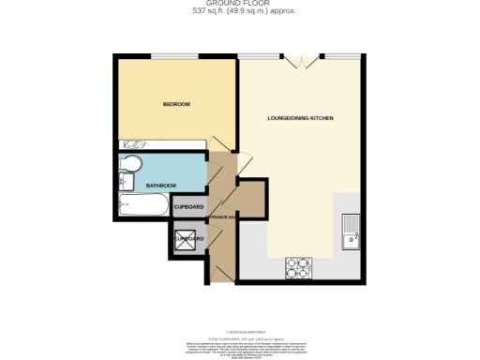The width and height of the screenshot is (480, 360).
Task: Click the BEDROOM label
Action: [176, 103]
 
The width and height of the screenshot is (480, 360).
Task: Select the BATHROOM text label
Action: [162, 186]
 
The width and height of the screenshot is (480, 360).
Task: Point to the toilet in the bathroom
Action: [130, 168]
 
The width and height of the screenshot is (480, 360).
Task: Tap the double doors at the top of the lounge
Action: [300, 62]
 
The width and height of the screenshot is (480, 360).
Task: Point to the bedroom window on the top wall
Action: [174, 56]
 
